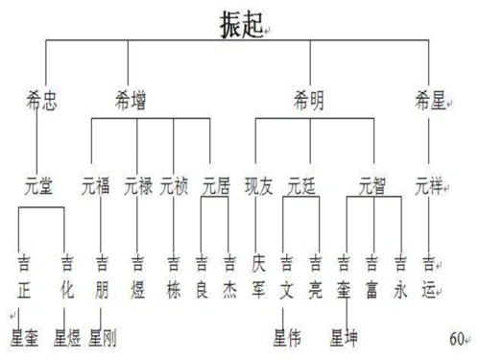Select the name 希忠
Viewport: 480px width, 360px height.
click(x=44, y=98)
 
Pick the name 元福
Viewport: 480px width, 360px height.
click(x=99, y=185)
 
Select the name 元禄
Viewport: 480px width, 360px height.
click(x=138, y=185)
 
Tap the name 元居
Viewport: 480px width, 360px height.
click(x=217, y=185)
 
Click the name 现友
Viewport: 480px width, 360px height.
click(x=259, y=185)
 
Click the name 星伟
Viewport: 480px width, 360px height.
click(x=291, y=337)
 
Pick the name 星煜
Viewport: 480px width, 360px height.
click(x=70, y=337)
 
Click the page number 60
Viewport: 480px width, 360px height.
click(x=456, y=338)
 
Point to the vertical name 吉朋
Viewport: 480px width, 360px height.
click(x=101, y=273)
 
